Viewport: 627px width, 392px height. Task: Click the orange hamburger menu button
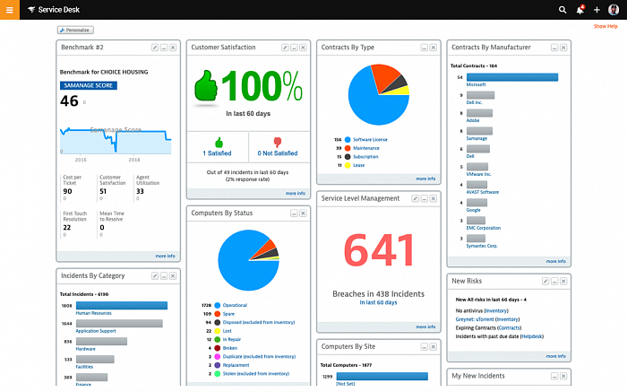[x=10, y=9]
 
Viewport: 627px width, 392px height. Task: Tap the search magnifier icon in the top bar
[x=563, y=9]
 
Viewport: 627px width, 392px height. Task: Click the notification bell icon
[x=580, y=9]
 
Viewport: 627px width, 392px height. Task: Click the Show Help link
[x=606, y=26]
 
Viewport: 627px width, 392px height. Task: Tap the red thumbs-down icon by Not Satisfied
[x=277, y=142]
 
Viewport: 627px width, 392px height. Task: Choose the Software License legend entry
[x=369, y=140]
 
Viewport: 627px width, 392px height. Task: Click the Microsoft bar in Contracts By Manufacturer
[x=512, y=77]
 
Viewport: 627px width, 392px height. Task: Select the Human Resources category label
[x=93, y=312]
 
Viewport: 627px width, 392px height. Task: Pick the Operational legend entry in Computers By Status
[x=235, y=306]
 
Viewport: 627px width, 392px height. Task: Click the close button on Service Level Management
[x=433, y=198]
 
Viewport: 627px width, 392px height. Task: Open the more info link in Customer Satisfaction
[x=295, y=193]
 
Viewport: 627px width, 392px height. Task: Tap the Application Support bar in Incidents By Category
[x=119, y=323]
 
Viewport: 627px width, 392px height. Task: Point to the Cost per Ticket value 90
[x=67, y=191]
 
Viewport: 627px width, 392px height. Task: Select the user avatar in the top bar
[x=614, y=9]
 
